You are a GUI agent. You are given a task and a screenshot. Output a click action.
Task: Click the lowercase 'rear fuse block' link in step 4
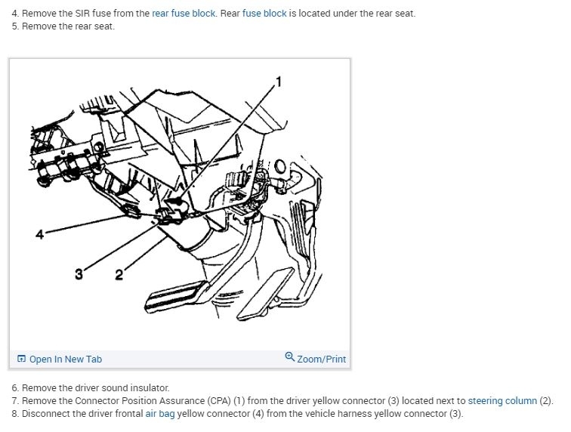(184, 14)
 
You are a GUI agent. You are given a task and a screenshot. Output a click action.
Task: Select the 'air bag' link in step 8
(159, 413)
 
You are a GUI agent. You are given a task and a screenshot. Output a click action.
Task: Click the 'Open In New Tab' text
(65, 359)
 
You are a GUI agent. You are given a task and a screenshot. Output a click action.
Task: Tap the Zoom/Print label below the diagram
(321, 359)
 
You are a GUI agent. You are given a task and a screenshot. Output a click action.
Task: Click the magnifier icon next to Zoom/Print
(290, 358)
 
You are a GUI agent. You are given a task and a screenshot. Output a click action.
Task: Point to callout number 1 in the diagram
(278, 82)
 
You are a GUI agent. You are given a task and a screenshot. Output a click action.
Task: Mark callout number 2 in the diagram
(119, 274)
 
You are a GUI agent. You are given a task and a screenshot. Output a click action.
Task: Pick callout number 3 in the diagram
(79, 274)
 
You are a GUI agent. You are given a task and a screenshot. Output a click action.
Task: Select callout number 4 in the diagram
(39, 234)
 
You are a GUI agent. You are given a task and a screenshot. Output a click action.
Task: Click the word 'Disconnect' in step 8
(45, 413)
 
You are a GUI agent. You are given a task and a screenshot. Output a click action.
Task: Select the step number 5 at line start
(14, 26)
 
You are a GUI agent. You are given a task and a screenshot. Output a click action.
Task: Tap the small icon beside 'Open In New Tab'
(21, 359)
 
